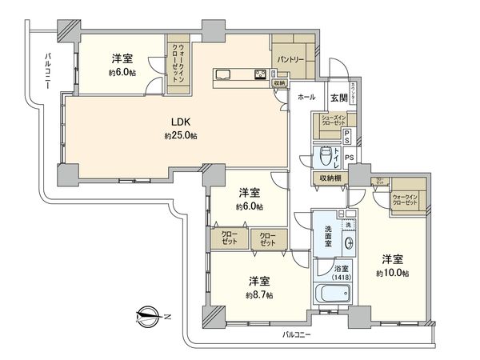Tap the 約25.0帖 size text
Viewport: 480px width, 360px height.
[x=181, y=136]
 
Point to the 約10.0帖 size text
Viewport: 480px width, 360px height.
[x=394, y=273]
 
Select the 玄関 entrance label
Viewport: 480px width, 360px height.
[x=338, y=98]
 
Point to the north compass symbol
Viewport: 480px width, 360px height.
[x=146, y=316]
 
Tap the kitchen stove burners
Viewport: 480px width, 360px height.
[x=261, y=77]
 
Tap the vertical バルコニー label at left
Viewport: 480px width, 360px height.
[x=42, y=75]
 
